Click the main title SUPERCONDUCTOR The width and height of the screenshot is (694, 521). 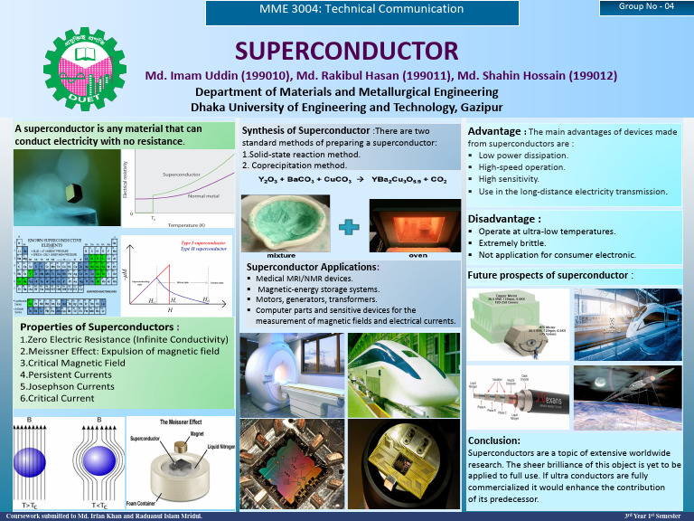coord(347,51)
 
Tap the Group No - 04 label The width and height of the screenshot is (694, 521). coord(645,6)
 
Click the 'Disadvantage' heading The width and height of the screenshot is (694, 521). coord(504,218)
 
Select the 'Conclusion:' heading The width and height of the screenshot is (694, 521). coord(494,440)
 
